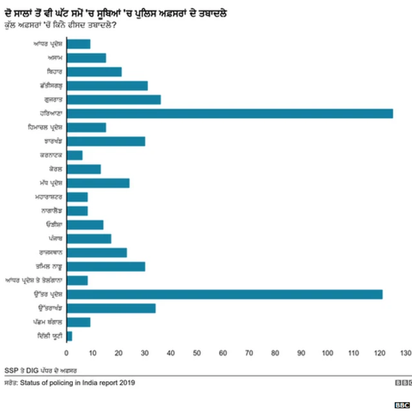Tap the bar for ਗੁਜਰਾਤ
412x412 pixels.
pyautogui.click(x=113, y=99)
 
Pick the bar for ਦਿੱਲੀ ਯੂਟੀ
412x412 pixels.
pyautogui.click(x=69, y=336)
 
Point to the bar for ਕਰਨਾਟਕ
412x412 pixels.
pyautogui.click(x=74, y=155)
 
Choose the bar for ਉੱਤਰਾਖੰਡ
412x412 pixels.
pyautogui.click(x=111, y=308)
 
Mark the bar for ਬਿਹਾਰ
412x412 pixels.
pyautogui.click(x=94, y=71)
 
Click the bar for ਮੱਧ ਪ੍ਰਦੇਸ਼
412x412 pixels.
pyautogui.click(x=98, y=183)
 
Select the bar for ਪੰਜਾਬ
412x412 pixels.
pyautogui.click(x=89, y=239)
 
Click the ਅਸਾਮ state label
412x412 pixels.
pyautogui.click(x=51, y=58)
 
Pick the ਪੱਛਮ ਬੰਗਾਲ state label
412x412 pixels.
pyautogui.click(x=47, y=323)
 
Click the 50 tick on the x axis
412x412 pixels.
pyautogui.click(x=196, y=353)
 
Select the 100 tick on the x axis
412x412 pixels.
pyautogui.click(x=327, y=353)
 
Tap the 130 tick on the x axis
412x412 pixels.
pyautogui.click(x=405, y=353)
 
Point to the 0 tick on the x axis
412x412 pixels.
pyautogui.click(x=66, y=353)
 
